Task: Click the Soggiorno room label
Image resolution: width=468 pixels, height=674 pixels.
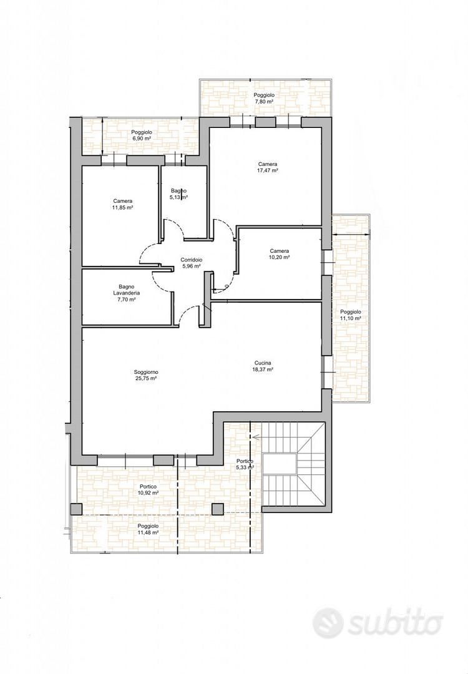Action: point(145,375)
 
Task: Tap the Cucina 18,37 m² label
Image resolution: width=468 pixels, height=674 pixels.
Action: point(263,366)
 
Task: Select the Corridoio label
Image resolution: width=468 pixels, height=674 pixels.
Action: point(191,263)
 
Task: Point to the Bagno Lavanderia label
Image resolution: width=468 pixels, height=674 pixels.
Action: point(126,293)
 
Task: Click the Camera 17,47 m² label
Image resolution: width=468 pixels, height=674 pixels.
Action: point(268,167)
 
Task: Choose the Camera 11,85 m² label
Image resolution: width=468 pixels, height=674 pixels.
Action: point(123,204)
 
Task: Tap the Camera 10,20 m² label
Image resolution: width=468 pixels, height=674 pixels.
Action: point(280,254)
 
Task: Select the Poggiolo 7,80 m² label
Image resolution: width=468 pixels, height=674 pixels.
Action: point(264,99)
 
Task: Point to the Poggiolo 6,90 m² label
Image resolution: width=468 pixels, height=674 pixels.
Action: point(142,136)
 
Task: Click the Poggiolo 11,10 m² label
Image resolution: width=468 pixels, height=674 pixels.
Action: point(351,315)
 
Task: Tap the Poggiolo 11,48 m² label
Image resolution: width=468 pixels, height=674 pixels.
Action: point(149,529)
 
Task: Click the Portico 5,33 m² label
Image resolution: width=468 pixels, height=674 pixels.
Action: point(245,464)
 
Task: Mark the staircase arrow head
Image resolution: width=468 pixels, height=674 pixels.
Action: point(255,437)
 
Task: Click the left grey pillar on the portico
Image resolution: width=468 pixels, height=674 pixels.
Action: point(76,509)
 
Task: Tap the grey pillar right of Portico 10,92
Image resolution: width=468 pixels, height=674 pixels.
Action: point(218,509)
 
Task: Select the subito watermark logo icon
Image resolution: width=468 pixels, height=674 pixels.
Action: point(328,622)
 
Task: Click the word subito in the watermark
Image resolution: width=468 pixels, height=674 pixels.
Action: point(395,622)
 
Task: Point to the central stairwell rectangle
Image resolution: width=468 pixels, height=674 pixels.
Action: point(280,464)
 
